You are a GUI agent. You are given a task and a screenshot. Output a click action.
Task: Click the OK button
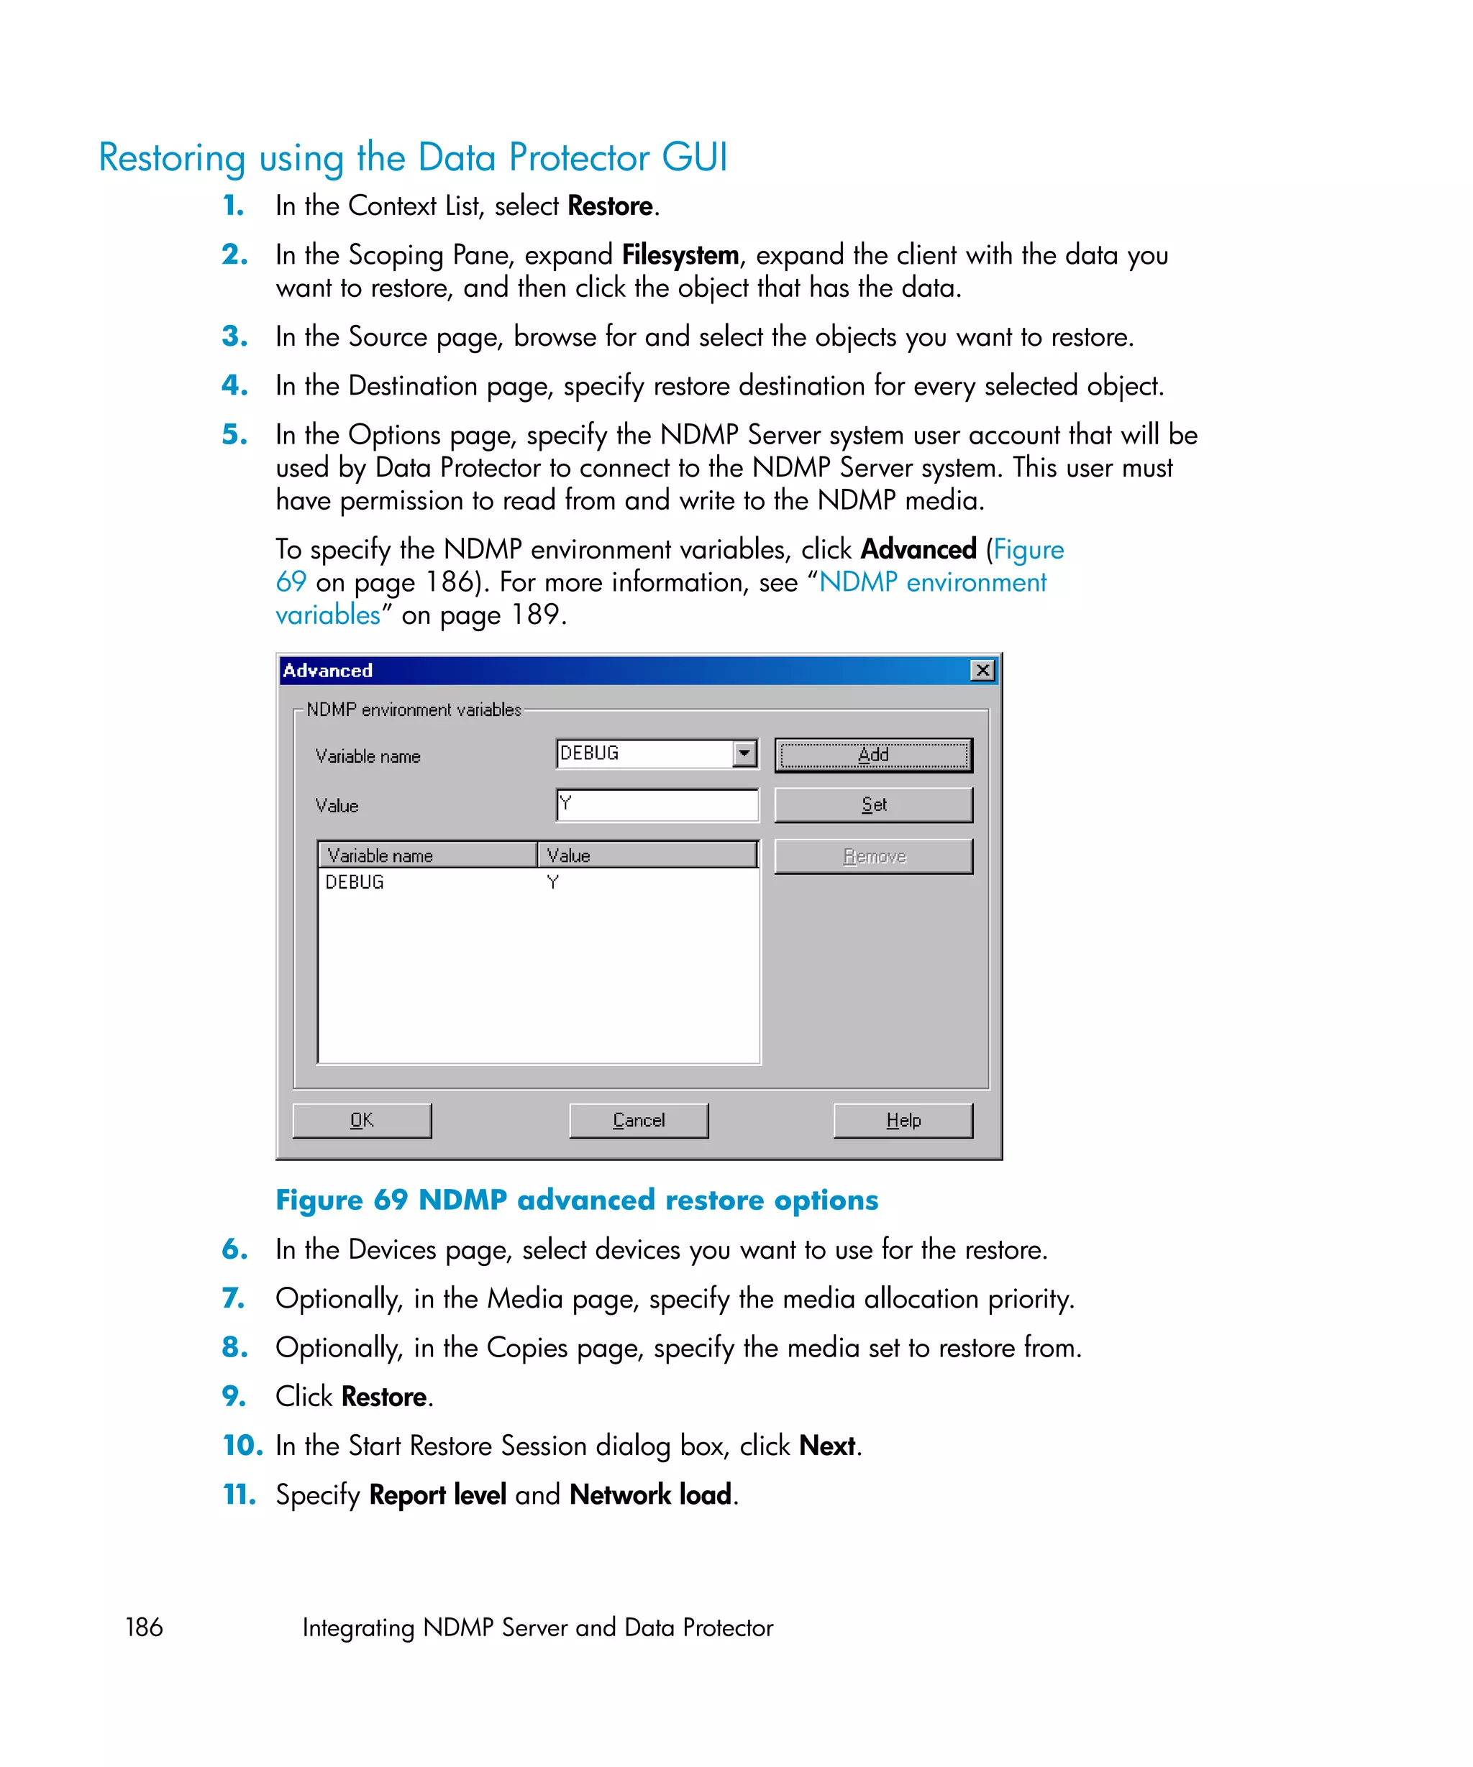pyautogui.click(x=361, y=1120)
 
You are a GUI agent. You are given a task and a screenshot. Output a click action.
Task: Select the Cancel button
pyautogui.click(x=638, y=1120)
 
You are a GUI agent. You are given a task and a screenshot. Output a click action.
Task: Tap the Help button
pyautogui.click(x=903, y=1120)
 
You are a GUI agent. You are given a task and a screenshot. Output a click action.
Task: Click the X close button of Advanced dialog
pyautogui.click(x=982, y=670)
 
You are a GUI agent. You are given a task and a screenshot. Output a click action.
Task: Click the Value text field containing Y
pyautogui.click(x=657, y=804)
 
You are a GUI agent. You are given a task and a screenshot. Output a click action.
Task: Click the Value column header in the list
pyautogui.click(x=647, y=855)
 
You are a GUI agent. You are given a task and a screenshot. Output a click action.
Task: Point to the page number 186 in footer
pyautogui.click(x=144, y=1627)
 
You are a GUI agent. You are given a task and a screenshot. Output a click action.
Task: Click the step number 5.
pyautogui.click(x=233, y=434)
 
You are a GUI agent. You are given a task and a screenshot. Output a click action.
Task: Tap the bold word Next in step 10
pyautogui.click(x=826, y=1445)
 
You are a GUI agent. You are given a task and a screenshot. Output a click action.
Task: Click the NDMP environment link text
pyautogui.click(x=932, y=582)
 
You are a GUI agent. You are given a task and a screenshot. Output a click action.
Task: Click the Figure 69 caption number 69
pyautogui.click(x=391, y=1199)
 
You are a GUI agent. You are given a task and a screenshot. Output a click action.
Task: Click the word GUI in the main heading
pyautogui.click(x=693, y=157)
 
